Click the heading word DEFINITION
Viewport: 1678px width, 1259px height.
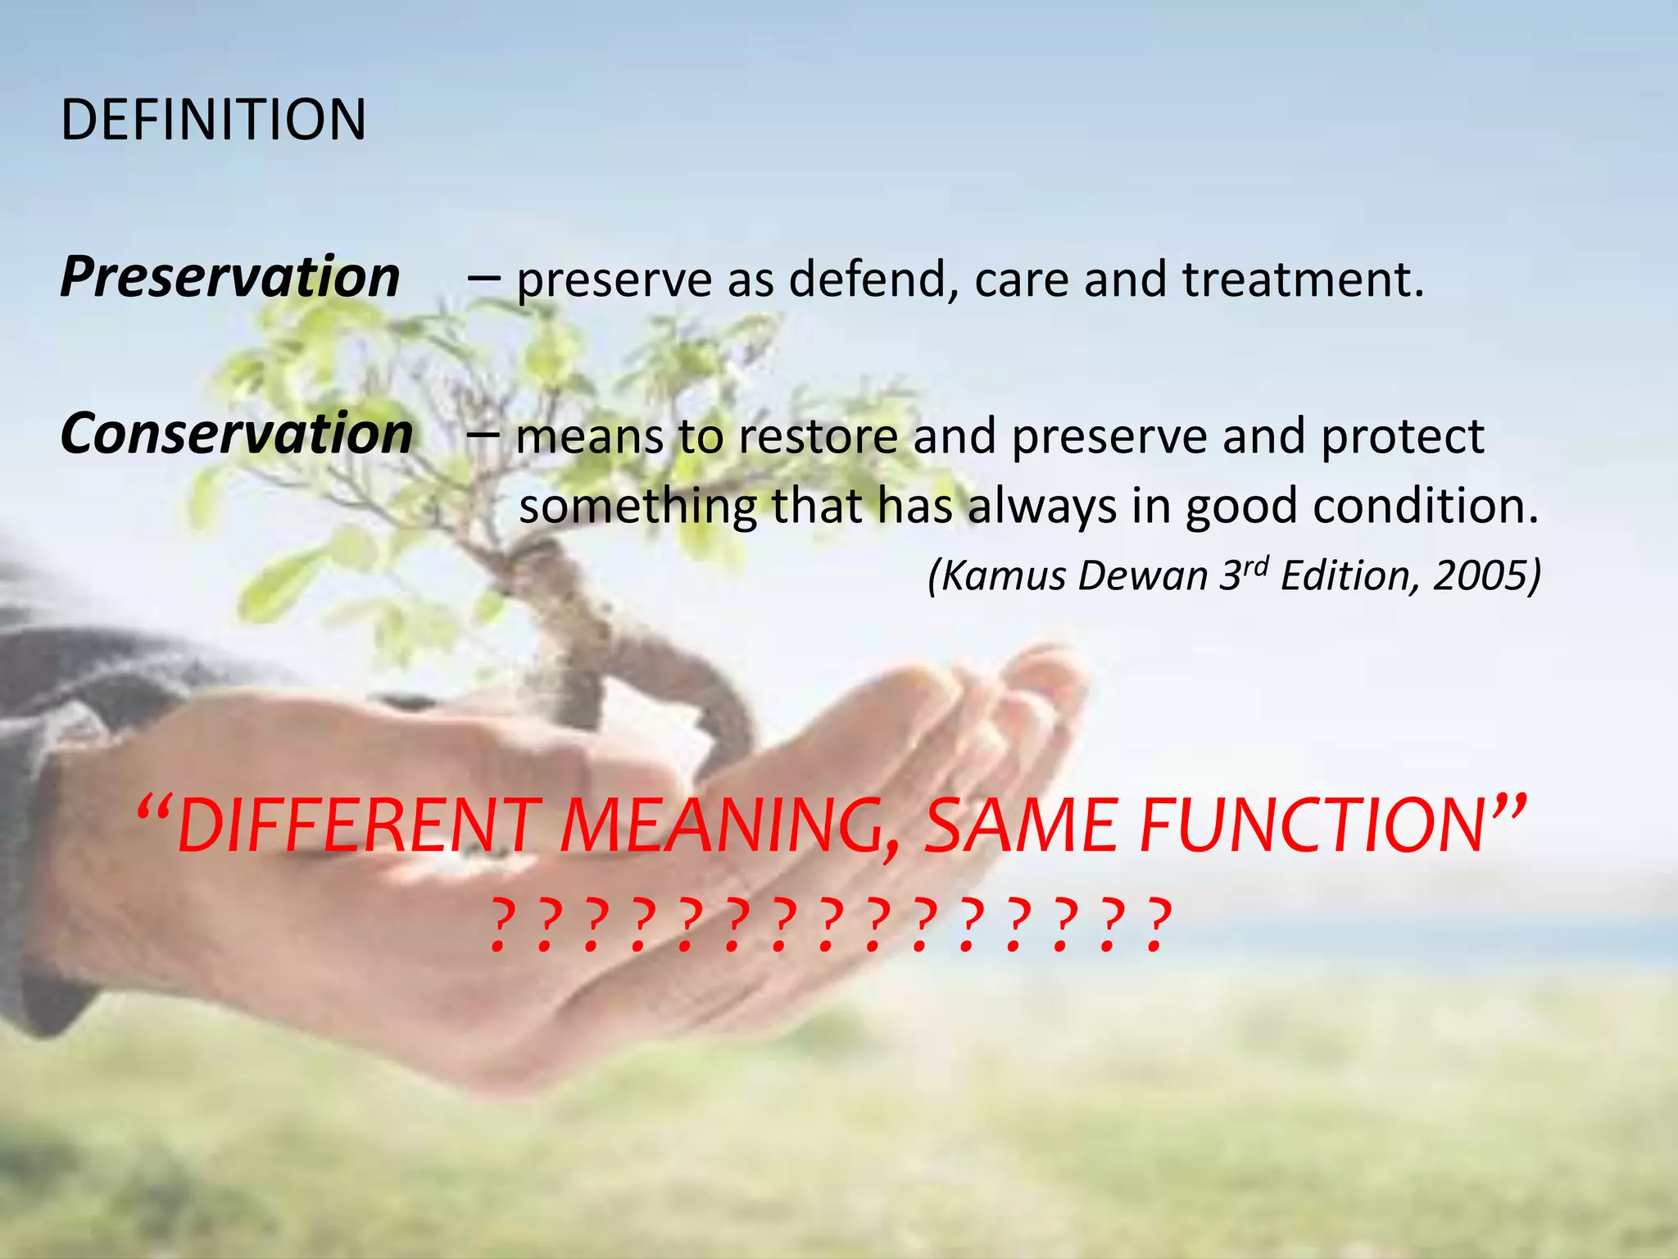click(x=213, y=120)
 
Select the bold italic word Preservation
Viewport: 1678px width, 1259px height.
click(x=230, y=277)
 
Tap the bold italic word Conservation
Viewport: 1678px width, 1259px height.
click(x=237, y=434)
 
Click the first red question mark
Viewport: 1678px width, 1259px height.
click(x=501, y=926)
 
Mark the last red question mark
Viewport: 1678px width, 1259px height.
click(x=1155, y=926)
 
